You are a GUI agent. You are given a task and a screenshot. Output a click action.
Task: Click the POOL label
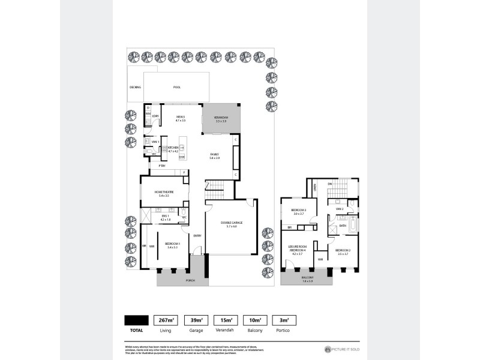(177, 88)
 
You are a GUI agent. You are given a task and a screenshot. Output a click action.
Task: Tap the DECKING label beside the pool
(135, 88)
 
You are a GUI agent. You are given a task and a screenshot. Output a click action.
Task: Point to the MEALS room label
(180, 118)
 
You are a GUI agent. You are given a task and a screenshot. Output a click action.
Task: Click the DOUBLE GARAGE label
(232, 224)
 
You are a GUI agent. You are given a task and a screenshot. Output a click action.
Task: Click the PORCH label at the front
(190, 280)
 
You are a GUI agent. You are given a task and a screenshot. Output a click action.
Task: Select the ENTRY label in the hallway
(197, 236)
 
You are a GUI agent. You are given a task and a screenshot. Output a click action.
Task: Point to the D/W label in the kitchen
(181, 157)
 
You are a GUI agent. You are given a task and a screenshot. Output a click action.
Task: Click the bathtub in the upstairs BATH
(353, 226)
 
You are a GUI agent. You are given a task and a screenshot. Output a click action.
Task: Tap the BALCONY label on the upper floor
(307, 278)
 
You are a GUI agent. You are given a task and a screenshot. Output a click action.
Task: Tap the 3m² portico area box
(282, 320)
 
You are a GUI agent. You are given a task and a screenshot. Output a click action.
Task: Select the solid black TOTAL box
(136, 320)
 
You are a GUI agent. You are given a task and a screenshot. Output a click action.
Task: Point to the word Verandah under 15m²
(223, 330)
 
